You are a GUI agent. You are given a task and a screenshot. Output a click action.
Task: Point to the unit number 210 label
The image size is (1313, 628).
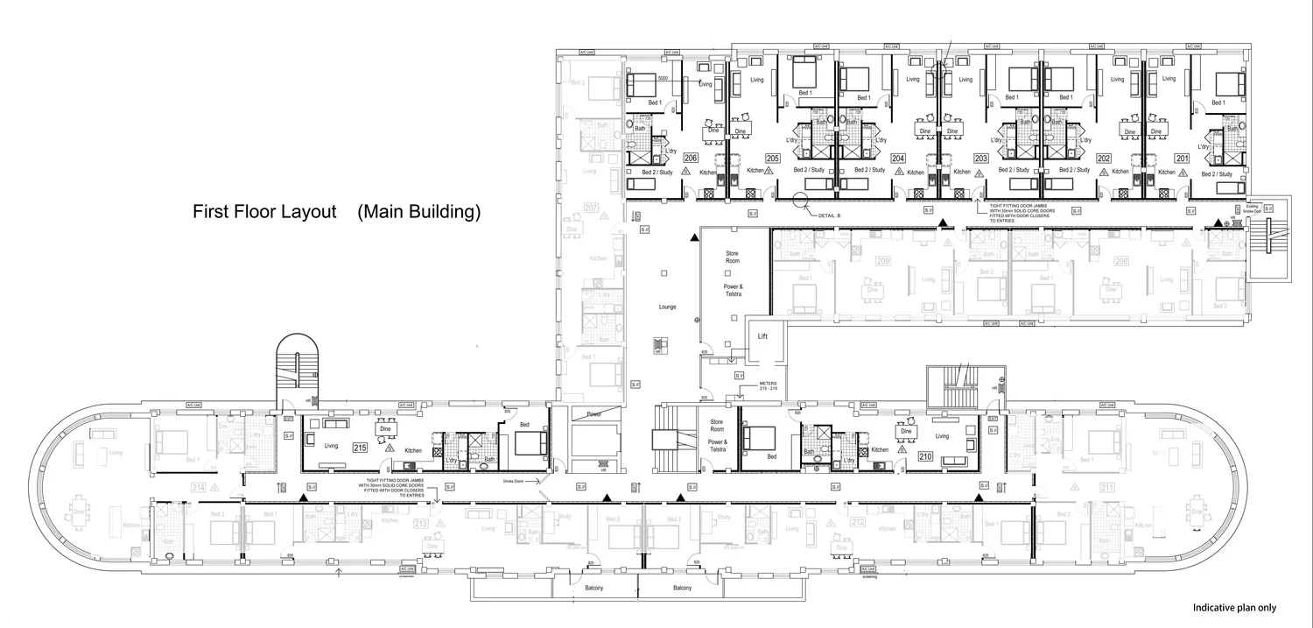[x=924, y=456]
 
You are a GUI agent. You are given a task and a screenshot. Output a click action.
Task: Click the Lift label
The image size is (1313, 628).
[x=762, y=335]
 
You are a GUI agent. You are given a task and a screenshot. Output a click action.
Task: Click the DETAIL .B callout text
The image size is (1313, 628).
[x=825, y=215]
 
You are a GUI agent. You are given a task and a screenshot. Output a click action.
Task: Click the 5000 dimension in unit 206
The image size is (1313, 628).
[x=663, y=79]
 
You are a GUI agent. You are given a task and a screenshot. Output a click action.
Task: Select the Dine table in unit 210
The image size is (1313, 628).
[x=907, y=431]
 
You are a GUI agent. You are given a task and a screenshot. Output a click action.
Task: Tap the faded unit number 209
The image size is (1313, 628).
[x=882, y=261]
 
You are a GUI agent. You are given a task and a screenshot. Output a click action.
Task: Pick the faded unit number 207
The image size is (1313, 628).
[x=591, y=208]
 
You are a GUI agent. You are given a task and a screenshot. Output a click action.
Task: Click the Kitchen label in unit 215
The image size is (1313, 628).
[x=414, y=450]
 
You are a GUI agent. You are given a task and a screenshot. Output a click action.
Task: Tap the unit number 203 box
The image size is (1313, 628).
[x=980, y=159]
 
